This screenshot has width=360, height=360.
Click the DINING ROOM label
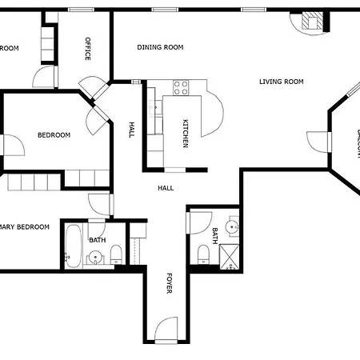click(x=160, y=47)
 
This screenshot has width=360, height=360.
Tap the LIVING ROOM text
click(x=281, y=82)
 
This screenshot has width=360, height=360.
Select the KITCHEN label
click(x=185, y=133)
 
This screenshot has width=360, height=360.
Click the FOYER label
click(x=169, y=284)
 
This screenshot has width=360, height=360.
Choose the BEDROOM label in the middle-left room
click(x=54, y=135)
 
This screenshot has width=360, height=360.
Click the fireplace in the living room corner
click(x=313, y=22)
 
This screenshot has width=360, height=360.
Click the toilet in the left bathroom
click(x=117, y=255)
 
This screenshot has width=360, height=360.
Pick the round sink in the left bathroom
click(x=95, y=258)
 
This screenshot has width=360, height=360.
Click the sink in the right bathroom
click(x=231, y=227)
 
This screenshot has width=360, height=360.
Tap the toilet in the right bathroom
click(x=203, y=254)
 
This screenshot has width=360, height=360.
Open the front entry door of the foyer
click(x=166, y=330)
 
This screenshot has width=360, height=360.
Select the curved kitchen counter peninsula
click(x=210, y=112)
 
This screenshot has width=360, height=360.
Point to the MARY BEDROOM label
click(x=24, y=227)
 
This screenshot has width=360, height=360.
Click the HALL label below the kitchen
click(x=166, y=188)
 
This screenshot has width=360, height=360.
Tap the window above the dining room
click(x=164, y=10)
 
